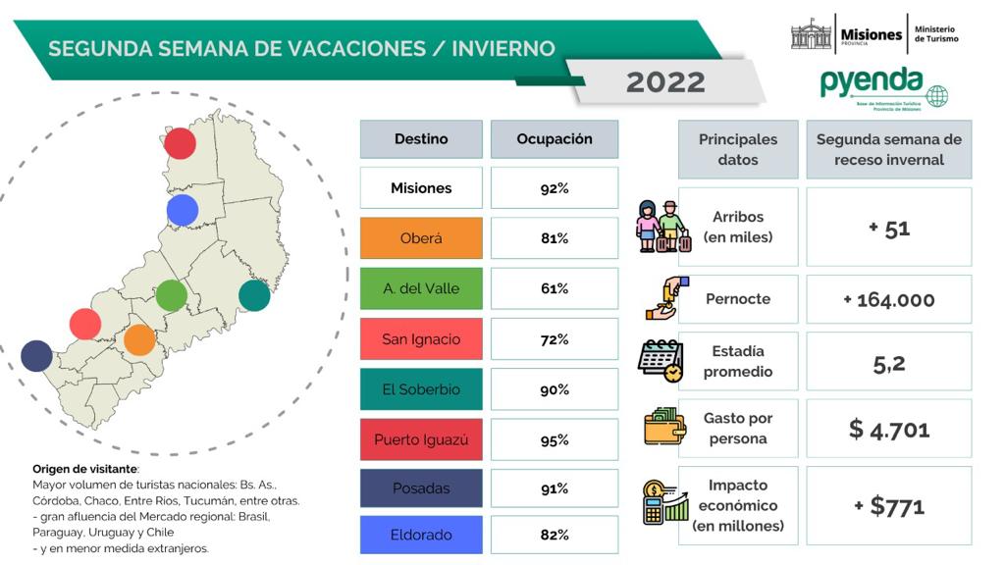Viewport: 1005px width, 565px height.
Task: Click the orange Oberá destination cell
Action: coord(421,237)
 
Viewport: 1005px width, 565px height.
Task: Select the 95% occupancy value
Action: coord(555,440)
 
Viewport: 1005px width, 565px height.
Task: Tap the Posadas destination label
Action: coord(421,488)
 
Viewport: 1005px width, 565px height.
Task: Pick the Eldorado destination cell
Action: coord(421,535)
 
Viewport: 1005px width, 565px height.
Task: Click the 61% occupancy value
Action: coord(555,288)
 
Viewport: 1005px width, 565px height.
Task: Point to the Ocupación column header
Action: coord(555,139)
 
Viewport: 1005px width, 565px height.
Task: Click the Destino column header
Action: coord(421,139)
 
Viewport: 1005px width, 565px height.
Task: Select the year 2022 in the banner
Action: coord(665,82)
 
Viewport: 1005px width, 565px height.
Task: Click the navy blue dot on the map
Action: coord(36,355)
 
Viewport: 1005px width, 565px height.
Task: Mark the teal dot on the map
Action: coord(254,295)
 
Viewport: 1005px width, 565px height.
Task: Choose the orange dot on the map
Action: coord(139,339)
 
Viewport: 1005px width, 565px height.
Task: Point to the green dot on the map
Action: coord(171,295)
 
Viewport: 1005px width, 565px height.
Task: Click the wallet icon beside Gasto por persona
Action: coord(664,426)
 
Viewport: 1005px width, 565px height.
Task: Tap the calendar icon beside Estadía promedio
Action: coord(661,361)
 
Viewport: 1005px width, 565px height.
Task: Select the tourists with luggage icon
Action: coord(663,227)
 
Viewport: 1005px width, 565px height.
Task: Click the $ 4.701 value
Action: coord(889,430)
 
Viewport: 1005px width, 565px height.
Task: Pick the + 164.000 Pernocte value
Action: coord(889,299)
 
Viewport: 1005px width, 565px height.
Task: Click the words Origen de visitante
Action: coord(85,469)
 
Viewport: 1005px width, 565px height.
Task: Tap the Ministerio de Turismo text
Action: coord(935,34)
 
